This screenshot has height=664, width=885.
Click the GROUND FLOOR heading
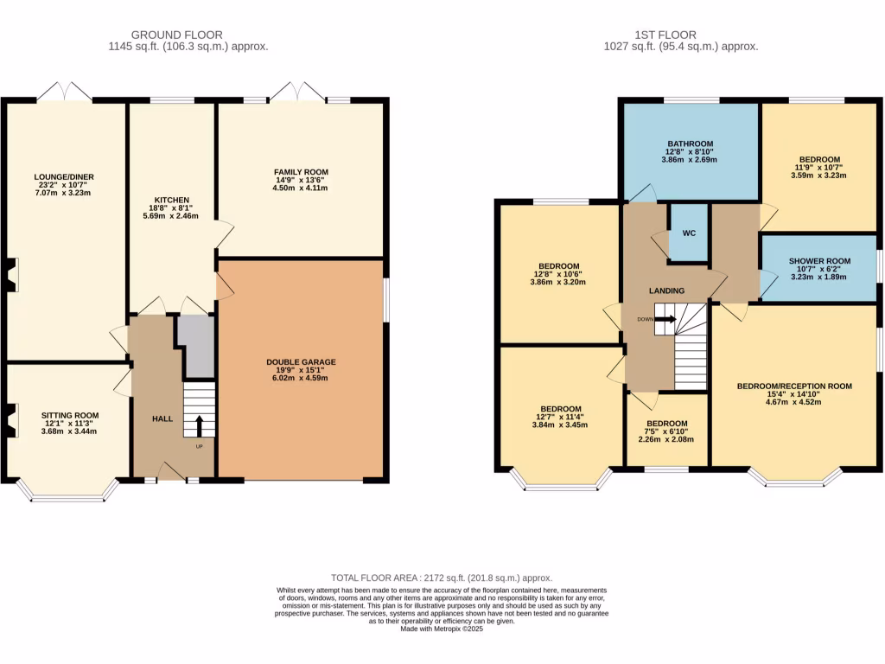[189, 35]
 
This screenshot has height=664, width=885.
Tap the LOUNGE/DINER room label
[65, 177]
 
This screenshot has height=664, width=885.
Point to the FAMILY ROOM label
[301, 172]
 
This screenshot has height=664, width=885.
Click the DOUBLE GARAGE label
[301, 362]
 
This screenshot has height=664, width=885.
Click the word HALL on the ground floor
[162, 418]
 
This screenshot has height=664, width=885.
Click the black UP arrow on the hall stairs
[200, 425]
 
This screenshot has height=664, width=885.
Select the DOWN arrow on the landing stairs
[665, 319]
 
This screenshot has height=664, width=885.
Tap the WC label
[689, 233]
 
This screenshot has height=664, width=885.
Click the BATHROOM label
[689, 144]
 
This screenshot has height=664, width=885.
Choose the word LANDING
[666, 290]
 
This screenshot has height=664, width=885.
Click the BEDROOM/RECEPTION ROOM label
[793, 386]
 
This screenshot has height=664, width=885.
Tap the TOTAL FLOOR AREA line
[442, 578]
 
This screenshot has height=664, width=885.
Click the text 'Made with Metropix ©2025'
[442, 629]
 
